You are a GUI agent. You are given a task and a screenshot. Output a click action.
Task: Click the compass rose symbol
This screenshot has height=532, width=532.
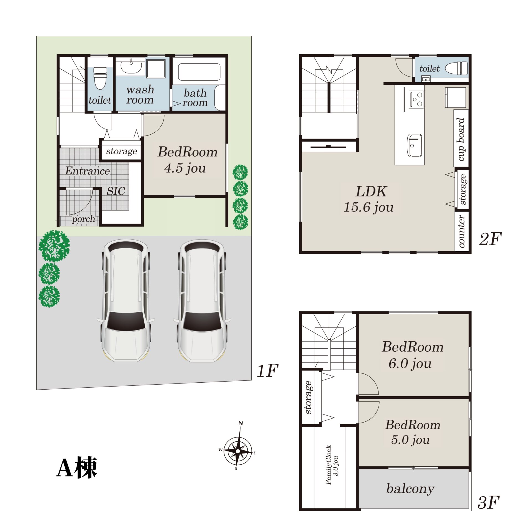point(237,451)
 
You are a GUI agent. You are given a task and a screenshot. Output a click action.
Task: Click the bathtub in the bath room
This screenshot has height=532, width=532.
point(199,72)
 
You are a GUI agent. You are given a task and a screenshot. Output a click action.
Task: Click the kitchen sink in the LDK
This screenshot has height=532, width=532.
point(415,145)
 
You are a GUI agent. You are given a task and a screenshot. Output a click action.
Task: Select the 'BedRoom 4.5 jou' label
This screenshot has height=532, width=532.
point(187,160)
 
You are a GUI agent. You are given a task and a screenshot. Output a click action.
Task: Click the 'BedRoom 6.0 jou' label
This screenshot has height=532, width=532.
point(412,355)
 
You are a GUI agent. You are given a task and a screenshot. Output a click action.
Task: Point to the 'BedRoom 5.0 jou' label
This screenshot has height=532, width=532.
point(412,432)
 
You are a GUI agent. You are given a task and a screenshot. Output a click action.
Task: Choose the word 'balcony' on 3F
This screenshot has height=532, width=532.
point(410,488)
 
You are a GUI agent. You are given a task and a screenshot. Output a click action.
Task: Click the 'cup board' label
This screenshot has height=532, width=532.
point(461,139)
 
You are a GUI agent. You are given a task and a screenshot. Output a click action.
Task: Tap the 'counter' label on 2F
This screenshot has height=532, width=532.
point(461,231)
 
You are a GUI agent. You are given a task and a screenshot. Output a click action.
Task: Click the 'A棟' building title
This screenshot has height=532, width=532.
point(77,467)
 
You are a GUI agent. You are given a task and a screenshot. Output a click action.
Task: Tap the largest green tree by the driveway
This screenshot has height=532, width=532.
point(54,246)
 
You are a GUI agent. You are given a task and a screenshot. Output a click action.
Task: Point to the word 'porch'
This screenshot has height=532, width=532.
point(83,219)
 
